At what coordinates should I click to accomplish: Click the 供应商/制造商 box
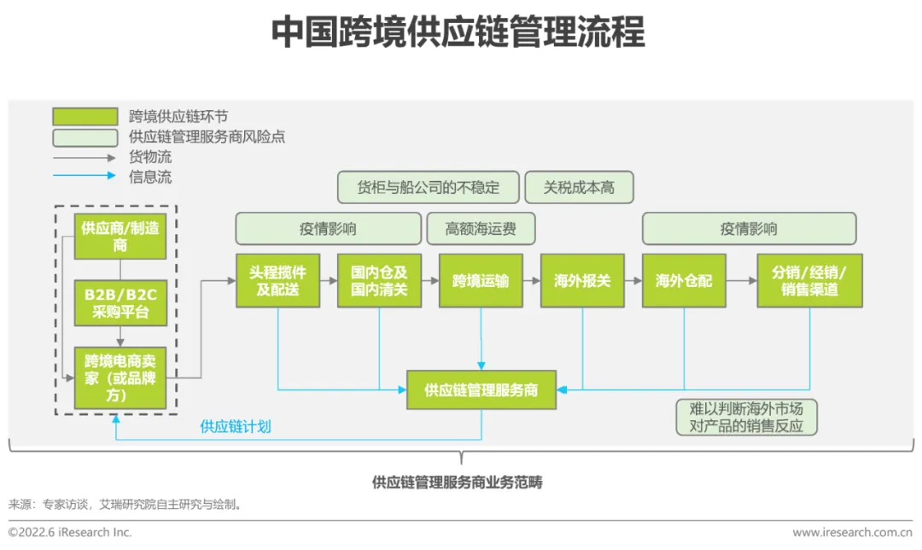click(x=120, y=236)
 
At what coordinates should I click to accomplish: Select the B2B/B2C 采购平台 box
click(x=120, y=303)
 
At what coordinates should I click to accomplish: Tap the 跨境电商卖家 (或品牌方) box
click(x=120, y=377)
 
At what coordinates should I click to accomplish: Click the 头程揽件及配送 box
click(x=278, y=280)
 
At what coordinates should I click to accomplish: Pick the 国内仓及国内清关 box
click(x=379, y=280)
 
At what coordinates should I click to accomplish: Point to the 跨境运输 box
click(x=481, y=280)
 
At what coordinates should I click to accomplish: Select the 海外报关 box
click(x=582, y=280)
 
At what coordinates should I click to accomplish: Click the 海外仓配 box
click(x=684, y=280)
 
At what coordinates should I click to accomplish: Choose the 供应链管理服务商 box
click(x=481, y=390)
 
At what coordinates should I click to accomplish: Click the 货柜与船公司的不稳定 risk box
click(x=429, y=187)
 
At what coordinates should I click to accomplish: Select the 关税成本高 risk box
click(x=579, y=187)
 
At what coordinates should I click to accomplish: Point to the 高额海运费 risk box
click(x=481, y=229)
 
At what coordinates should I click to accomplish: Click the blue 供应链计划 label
click(x=236, y=426)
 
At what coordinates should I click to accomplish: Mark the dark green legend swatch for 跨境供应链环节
click(x=85, y=117)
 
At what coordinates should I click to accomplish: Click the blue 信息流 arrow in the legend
click(x=85, y=177)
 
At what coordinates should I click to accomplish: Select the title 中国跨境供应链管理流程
click(x=458, y=32)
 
